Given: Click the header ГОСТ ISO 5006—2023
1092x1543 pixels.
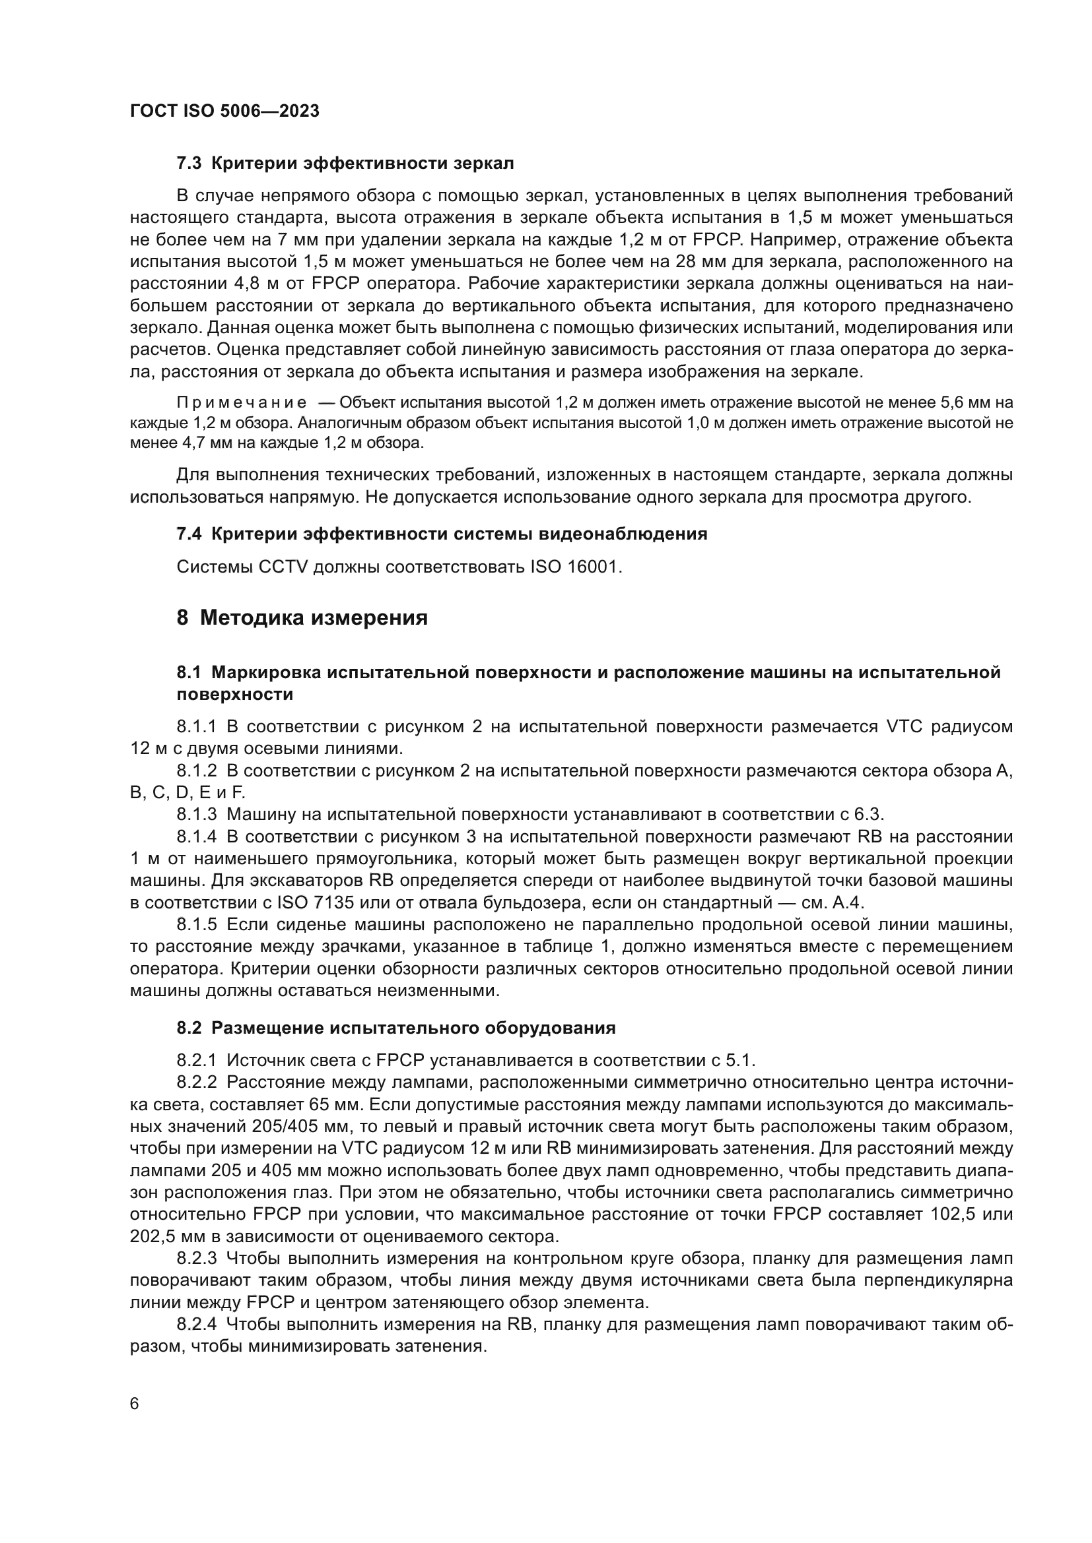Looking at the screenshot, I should click(x=224, y=111).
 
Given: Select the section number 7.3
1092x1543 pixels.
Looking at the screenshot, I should click(x=189, y=164).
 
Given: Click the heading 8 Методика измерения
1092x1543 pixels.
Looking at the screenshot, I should click(x=302, y=617).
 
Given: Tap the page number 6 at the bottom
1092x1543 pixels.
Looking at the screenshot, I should click(x=135, y=1404).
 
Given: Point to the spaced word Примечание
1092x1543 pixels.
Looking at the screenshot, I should click(x=242, y=402).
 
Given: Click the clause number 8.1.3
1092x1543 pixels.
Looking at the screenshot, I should click(x=196, y=815).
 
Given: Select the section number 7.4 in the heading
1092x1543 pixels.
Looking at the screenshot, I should click(x=189, y=534).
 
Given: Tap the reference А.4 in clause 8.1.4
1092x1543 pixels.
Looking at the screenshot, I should click(x=848, y=902).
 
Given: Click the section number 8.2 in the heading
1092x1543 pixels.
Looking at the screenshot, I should click(x=189, y=1028).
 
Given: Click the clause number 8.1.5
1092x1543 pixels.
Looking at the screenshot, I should click(x=196, y=925).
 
